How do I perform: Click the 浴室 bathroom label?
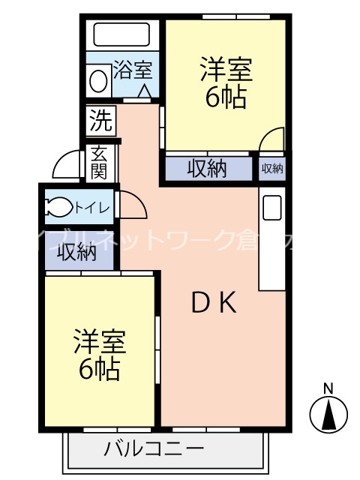133,71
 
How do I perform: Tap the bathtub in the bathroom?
121,34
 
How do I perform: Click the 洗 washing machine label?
100,118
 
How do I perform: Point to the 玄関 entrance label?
100,161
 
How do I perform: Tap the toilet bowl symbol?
58,206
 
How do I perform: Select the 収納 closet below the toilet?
77,253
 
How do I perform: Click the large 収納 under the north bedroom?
207,169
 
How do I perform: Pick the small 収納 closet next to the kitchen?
272,169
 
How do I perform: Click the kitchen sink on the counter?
271,207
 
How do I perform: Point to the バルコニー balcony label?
154,450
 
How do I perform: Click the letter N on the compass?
328,388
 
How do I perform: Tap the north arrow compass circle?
328,414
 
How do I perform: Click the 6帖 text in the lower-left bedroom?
100,368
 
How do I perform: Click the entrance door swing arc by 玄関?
67,164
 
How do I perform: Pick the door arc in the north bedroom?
272,139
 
